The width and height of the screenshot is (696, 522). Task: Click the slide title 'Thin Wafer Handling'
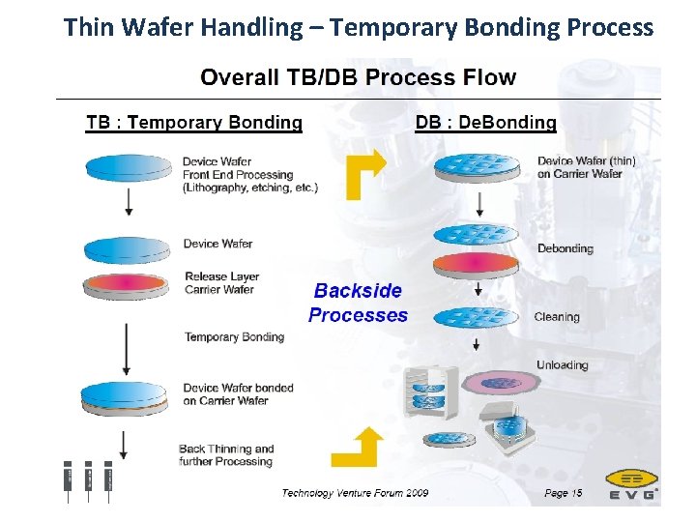point(358,27)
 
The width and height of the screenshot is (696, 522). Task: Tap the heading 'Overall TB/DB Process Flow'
point(358,78)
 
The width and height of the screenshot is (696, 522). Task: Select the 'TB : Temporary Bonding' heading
point(193,123)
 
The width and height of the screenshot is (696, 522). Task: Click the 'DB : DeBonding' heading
point(485,123)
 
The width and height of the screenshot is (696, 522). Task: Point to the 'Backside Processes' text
point(358,303)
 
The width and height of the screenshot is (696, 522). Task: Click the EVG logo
point(632,484)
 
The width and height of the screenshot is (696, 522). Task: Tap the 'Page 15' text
point(563,493)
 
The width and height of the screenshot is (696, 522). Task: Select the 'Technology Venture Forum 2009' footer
point(355,493)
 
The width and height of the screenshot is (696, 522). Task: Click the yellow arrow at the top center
point(365,174)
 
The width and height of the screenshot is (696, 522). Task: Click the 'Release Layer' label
point(221,276)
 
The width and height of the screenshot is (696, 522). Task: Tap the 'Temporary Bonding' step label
point(234,337)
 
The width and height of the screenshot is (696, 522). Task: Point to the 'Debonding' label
point(565,248)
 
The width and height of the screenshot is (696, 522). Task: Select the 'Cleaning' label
point(557,317)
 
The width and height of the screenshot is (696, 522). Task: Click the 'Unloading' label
point(562,365)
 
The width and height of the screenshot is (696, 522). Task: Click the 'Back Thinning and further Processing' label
point(226,455)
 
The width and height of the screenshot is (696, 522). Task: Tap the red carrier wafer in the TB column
point(126,285)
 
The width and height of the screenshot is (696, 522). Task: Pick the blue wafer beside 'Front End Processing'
point(126,166)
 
